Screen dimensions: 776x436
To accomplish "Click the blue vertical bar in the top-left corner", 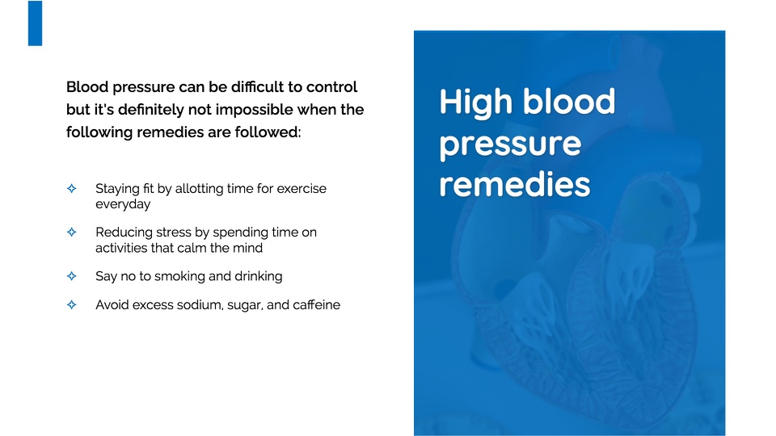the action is click(x=35, y=23).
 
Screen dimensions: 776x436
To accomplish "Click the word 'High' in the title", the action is click(x=475, y=103).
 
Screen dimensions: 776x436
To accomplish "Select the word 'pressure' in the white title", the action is click(x=510, y=145).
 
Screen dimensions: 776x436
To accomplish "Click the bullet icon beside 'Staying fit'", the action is click(x=72, y=188).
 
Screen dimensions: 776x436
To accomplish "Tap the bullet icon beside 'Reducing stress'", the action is click(x=72, y=232).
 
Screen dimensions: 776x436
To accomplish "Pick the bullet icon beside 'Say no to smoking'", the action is click(x=72, y=276).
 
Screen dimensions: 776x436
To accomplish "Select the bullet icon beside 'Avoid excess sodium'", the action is click(x=72, y=304).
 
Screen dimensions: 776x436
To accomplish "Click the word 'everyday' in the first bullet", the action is click(x=123, y=204).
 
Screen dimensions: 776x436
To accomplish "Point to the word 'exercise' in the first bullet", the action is click(x=302, y=188).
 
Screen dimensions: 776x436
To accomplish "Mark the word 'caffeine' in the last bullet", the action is click(x=316, y=304).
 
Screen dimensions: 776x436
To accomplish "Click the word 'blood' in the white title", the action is click(x=569, y=102).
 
